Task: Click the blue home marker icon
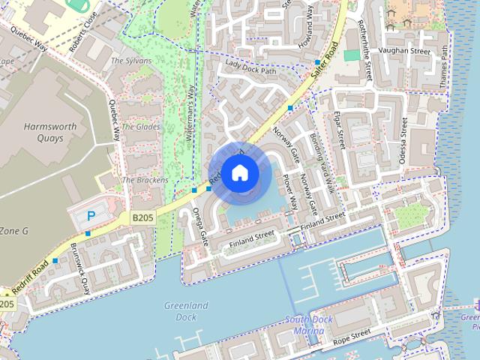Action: click(x=239, y=173)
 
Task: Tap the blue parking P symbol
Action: click(x=91, y=216)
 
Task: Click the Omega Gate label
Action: click(x=199, y=226)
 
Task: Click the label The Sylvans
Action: click(x=131, y=61)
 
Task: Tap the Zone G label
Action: click(x=13, y=231)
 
